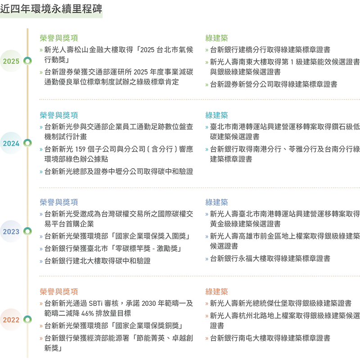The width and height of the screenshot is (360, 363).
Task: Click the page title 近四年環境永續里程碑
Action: [51, 9]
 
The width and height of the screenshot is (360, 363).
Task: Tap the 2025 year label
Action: [11, 61]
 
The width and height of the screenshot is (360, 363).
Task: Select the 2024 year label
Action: [11, 143]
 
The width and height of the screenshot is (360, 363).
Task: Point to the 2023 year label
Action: [11, 232]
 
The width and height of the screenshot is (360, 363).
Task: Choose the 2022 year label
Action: [11, 320]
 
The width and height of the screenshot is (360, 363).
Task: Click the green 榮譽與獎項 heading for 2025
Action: [59, 38]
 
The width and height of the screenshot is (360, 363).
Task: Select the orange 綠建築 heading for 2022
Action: [216, 291]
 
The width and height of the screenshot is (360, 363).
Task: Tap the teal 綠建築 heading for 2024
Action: [216, 115]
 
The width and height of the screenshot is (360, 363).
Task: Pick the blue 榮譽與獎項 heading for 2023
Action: [59, 202]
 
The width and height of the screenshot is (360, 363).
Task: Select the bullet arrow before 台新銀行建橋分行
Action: [207, 50]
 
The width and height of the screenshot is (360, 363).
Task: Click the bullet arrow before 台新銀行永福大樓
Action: [207, 259]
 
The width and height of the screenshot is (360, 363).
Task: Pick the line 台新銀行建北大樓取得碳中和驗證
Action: [98, 261]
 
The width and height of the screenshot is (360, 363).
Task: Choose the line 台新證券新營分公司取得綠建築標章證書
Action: [274, 84]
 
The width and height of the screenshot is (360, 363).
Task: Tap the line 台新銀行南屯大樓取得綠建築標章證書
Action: [270, 338]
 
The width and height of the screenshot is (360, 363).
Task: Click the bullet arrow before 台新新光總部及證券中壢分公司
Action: [41, 172]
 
